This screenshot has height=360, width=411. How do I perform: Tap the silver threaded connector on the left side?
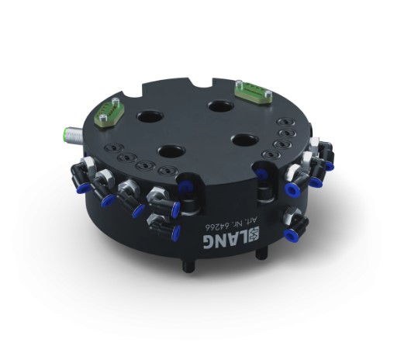click(67, 133)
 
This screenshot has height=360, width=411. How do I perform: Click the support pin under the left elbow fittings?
click(187, 264)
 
